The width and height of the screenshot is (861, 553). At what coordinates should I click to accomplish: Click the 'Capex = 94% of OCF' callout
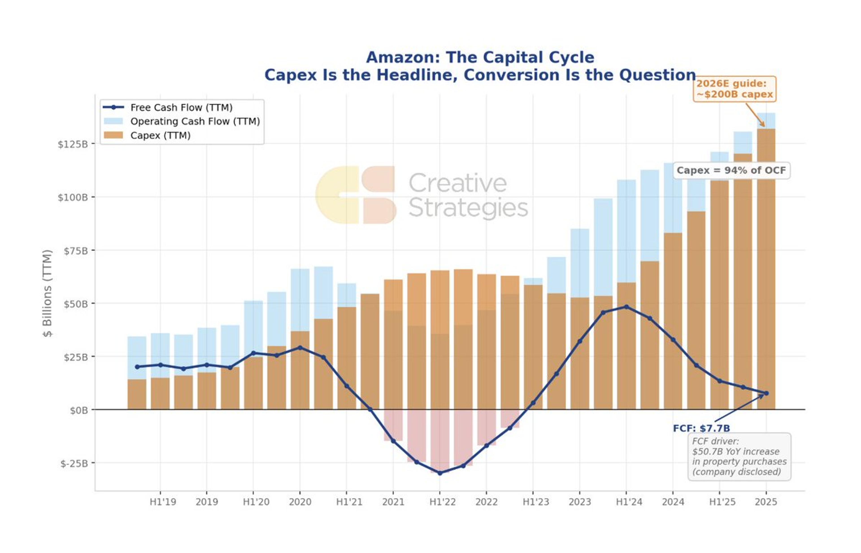tap(731, 170)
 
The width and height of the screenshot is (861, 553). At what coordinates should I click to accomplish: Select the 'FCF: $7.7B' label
tap(701, 428)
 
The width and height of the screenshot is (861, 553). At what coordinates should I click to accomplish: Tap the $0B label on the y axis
tap(79, 410)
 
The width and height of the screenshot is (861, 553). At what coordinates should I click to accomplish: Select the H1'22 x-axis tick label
tap(442, 502)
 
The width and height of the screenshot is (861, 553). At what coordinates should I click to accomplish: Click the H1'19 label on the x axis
tap(163, 502)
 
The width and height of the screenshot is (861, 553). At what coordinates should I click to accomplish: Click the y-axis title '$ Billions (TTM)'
tap(47, 293)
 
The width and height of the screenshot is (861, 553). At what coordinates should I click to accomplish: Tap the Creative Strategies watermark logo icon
tap(355, 195)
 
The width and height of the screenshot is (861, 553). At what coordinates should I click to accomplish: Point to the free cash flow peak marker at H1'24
tap(626, 307)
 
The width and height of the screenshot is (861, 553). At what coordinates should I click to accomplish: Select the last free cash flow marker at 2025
tap(766, 393)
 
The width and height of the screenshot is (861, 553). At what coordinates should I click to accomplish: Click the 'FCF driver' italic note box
tap(739, 456)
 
